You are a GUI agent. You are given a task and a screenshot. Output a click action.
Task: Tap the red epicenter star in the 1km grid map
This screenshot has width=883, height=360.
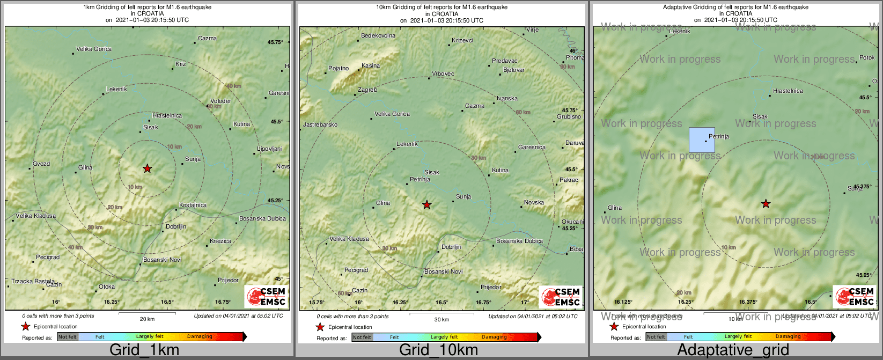(x=148, y=168)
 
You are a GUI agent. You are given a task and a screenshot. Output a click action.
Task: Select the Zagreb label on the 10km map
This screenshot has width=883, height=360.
(x=367, y=90)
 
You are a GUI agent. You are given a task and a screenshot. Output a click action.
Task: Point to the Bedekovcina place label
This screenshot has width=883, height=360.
(x=378, y=36)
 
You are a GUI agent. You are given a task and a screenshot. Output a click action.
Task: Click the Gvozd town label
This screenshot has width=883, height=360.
(x=41, y=164)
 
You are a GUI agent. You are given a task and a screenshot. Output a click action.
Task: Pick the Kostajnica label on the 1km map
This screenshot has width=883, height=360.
(x=193, y=205)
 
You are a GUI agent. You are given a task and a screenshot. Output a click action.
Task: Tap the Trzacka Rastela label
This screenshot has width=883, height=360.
(x=33, y=281)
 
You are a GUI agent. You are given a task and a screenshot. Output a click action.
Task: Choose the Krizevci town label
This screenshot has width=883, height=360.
(x=462, y=41)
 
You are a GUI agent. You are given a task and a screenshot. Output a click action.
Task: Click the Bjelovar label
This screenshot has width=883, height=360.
(x=514, y=70)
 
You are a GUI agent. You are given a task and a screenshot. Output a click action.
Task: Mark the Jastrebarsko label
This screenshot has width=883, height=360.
(x=320, y=125)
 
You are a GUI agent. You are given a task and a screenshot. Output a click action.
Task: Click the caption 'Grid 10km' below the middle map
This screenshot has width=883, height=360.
(x=438, y=350)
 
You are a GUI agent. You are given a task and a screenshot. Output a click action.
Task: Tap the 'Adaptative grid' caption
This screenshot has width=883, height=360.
(x=733, y=350)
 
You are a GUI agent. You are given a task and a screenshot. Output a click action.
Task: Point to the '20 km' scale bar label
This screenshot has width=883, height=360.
(x=147, y=319)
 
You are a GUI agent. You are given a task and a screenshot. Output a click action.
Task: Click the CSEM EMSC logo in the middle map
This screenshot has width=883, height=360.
(x=561, y=297)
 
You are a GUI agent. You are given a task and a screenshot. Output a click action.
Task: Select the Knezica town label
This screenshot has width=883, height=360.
(x=220, y=241)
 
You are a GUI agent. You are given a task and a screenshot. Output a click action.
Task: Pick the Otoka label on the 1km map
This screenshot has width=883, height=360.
(x=107, y=287)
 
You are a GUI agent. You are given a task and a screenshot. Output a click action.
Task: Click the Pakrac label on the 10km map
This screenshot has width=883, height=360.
(x=569, y=180)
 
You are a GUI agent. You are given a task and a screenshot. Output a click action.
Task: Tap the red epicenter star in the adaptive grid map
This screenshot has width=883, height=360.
(x=766, y=204)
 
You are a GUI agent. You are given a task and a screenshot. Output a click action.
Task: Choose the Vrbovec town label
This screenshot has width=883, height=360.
(x=443, y=74)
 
